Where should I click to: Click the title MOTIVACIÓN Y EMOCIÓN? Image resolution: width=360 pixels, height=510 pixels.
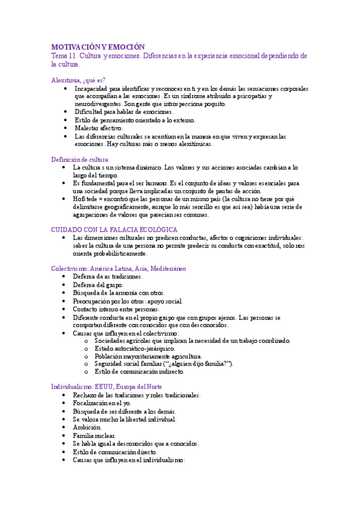[x=98, y=46]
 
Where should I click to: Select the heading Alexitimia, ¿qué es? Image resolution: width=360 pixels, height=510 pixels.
[x=78, y=79]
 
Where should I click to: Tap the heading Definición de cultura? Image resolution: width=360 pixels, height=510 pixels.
[x=79, y=159]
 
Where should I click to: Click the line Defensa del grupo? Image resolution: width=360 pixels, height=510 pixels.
[x=99, y=284]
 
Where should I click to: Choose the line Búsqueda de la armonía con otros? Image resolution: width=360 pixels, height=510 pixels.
[x=114, y=292]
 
